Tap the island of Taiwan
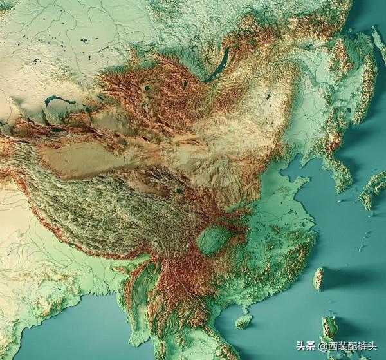[x=317, y=278]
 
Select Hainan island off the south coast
[x=243, y=321]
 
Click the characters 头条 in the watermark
[x=306, y=345]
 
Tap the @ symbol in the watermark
[x=322, y=346]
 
